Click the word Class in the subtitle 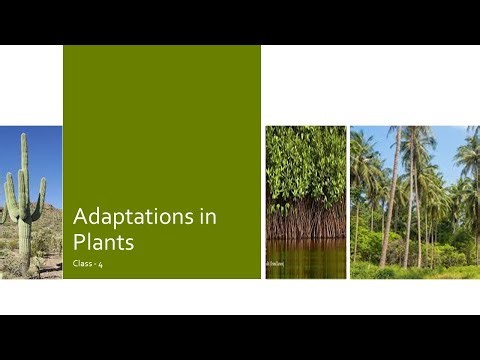(84, 263)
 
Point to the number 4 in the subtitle (102, 263)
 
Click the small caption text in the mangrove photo (273, 264)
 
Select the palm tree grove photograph (414, 200)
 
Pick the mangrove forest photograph (305, 200)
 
